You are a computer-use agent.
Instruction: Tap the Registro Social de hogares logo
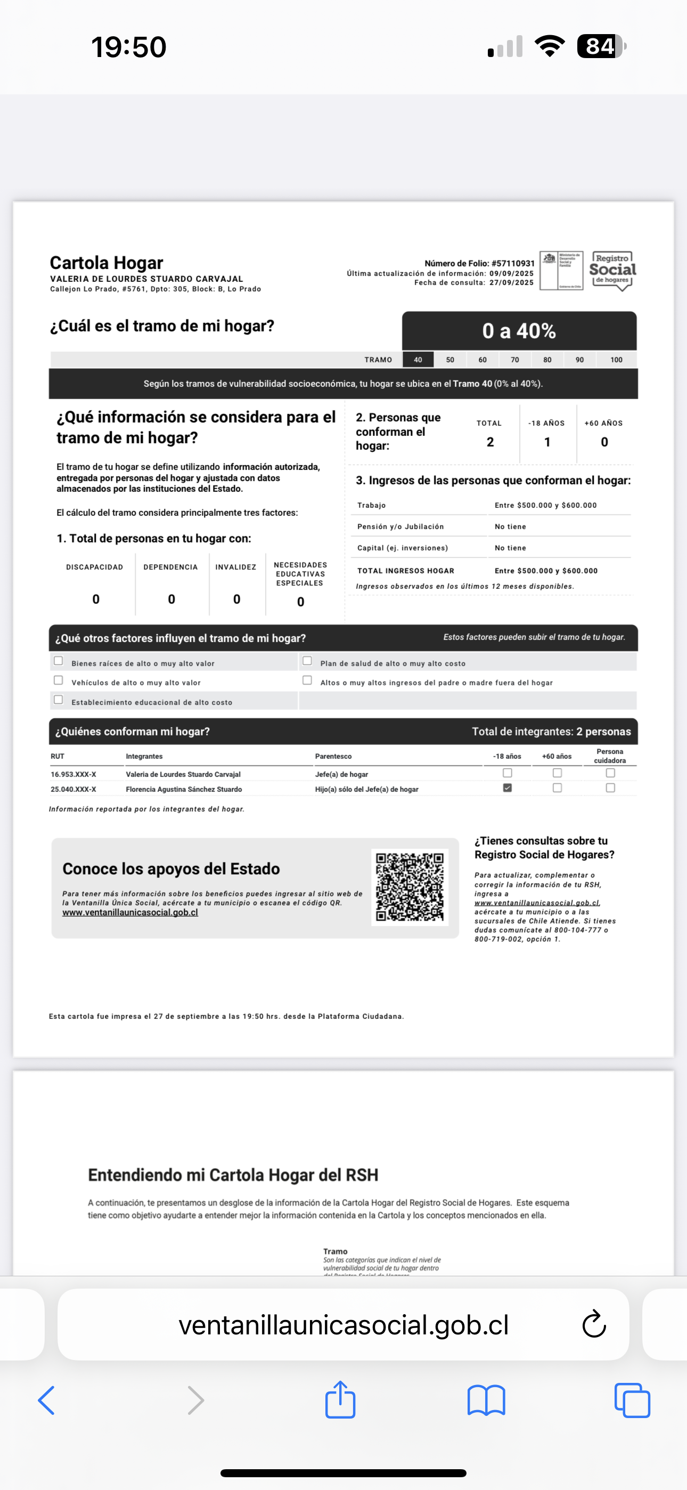point(612,270)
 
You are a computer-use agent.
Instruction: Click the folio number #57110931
point(513,263)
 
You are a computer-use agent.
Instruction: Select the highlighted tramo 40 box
point(418,360)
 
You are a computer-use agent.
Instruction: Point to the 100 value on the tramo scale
point(617,360)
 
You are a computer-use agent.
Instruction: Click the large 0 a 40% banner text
point(519,331)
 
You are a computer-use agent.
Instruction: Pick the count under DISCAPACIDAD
point(96,599)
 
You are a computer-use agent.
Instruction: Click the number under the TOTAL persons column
point(490,442)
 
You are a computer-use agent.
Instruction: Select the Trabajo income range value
point(545,505)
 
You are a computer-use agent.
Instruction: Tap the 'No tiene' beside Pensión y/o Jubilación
point(510,527)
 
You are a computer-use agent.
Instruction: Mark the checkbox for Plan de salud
point(307,661)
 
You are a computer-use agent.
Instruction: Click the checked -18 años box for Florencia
point(507,788)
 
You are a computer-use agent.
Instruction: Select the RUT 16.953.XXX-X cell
point(73,774)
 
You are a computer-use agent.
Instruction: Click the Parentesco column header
point(333,756)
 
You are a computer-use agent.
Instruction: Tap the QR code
point(410,886)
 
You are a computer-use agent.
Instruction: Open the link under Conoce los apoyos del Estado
point(130,912)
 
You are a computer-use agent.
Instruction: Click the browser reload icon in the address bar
point(594,1325)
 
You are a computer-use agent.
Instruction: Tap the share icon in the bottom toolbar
point(340,1400)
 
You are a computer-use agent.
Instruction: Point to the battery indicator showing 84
point(601,46)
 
